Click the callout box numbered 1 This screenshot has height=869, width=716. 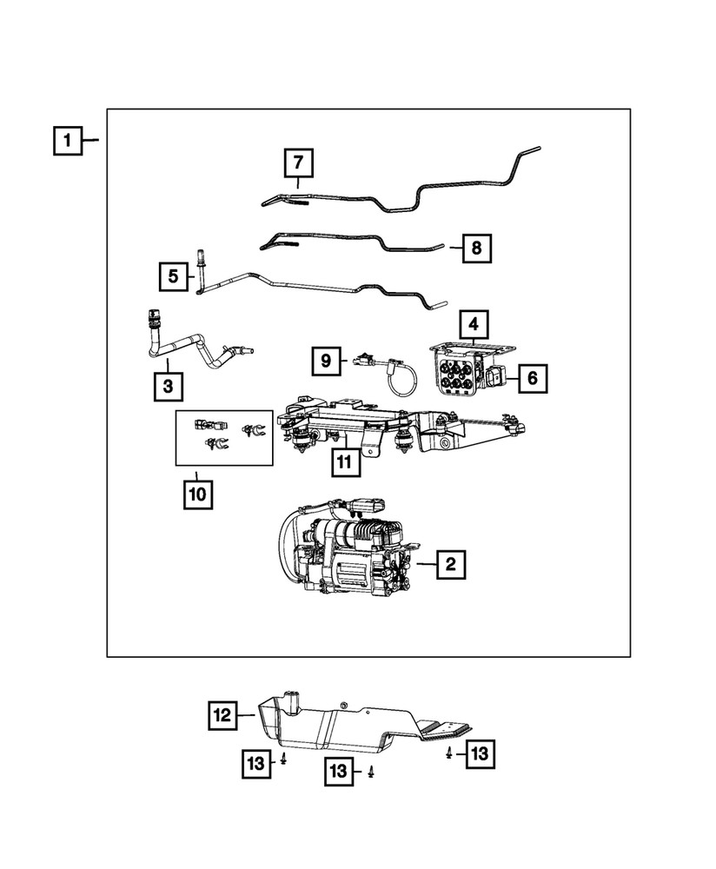coord(68,140)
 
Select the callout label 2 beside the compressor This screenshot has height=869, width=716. coord(449,565)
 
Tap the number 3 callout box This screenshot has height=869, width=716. coord(167,384)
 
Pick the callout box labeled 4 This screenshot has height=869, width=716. coord(473,325)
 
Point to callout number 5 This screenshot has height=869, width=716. coord(173,276)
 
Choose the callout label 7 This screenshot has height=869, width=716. coord(297,163)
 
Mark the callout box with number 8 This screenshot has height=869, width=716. coord(475,249)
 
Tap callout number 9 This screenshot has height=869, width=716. coord(326,359)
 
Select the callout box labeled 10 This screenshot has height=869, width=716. coord(196,494)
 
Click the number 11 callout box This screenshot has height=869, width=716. coord(344,462)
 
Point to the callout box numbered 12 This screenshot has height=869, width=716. coord(223,715)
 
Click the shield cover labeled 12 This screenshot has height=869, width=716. coord(348,721)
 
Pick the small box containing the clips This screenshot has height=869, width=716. coord(223,436)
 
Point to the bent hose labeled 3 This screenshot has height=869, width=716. coord(187,348)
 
